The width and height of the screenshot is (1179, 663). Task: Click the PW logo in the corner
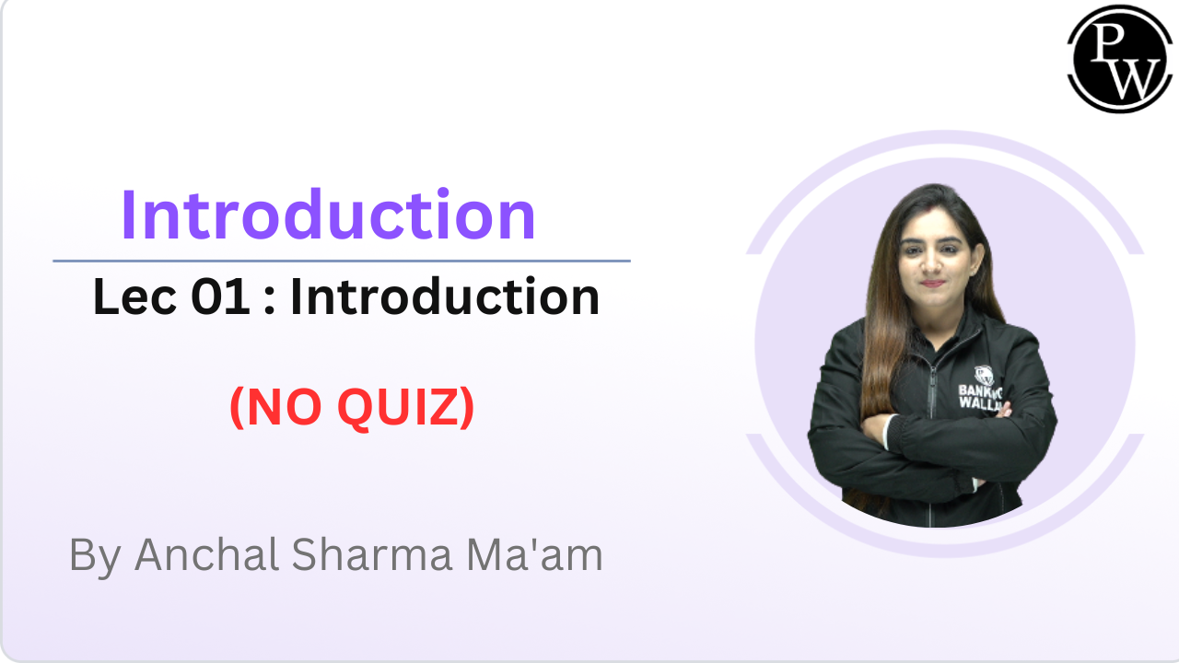(1119, 58)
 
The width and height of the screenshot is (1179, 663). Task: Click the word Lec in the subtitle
(125, 297)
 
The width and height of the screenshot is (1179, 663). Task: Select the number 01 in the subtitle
(217, 297)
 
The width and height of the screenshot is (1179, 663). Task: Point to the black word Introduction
(445, 297)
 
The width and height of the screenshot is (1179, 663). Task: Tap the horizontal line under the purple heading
(341, 261)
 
